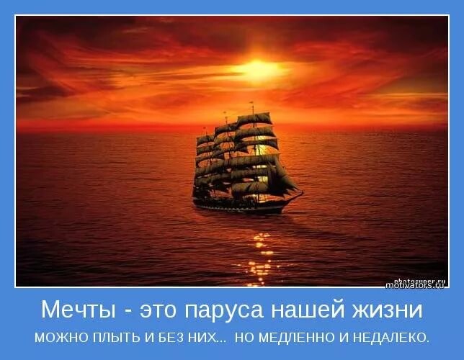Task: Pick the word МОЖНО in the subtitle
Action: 58,337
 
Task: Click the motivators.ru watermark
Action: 415,285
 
